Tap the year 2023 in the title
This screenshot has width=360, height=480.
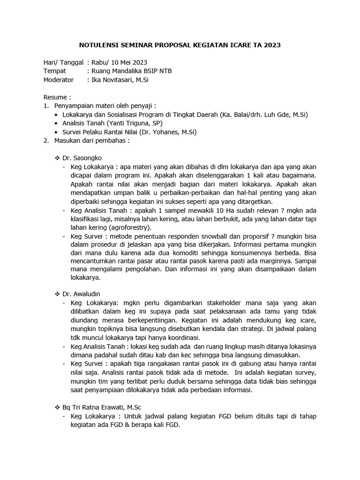[x=272, y=45]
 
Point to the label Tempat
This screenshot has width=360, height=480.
[x=54, y=71]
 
